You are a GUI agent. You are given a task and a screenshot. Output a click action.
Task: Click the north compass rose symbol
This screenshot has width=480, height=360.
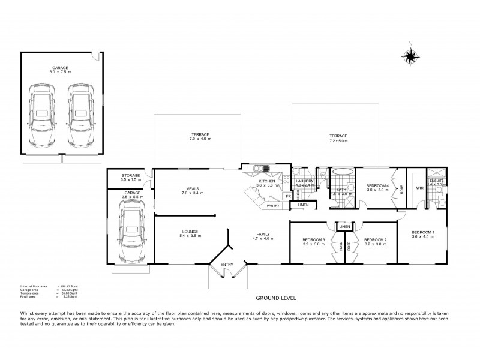click(410, 56)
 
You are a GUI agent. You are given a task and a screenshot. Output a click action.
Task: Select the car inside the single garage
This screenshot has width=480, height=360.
click(130, 232)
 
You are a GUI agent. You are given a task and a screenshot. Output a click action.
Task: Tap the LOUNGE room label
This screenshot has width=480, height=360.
click(190, 232)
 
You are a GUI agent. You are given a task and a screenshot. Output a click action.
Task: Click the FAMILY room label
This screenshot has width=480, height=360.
click(263, 234)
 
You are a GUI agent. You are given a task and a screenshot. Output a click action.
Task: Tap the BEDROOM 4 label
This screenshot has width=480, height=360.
click(378, 186)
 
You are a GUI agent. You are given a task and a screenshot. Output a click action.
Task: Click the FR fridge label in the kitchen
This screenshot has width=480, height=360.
click(288, 196)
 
